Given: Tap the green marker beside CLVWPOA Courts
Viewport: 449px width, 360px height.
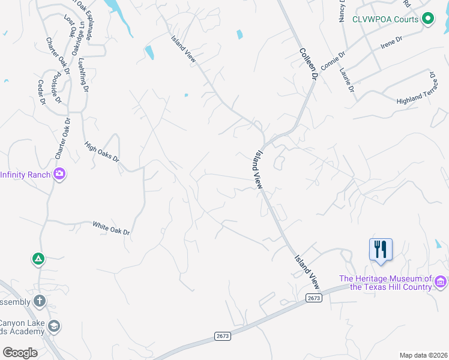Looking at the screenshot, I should point(428,19).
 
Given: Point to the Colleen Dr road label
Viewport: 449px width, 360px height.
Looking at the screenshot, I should point(308,64).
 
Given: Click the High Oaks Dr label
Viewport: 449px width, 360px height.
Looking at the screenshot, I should point(102,152).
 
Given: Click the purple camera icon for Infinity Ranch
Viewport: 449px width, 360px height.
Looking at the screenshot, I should point(59,175).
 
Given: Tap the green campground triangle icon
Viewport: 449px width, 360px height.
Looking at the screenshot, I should point(38,259).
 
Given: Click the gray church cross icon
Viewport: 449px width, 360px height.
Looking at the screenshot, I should point(40,301).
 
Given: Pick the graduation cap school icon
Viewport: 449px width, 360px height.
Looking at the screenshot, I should point(53,326).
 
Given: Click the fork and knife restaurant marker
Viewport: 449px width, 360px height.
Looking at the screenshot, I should point(381,248).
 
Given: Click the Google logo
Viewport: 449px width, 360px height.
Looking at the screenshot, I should point(20,352).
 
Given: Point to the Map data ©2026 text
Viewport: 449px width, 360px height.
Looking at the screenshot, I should point(423,355).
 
